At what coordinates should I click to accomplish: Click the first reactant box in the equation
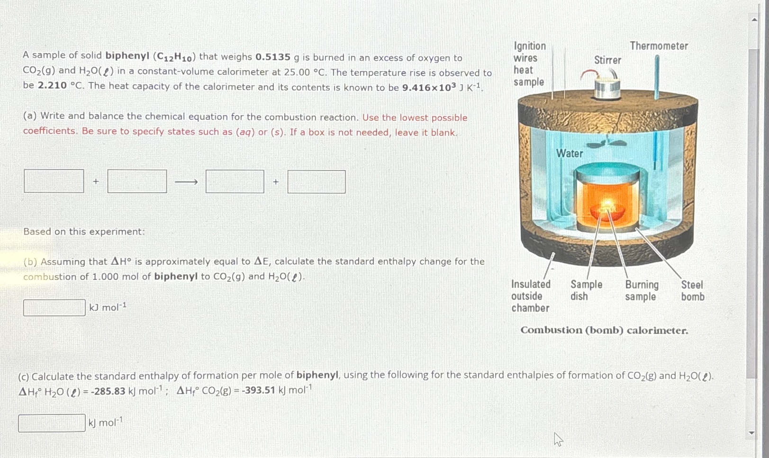pos(54,181)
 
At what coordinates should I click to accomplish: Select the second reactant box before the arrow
pos(137,181)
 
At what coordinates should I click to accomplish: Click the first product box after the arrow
pos(235,181)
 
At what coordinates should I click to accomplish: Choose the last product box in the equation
pos(316,182)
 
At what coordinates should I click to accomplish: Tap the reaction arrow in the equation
pos(186,182)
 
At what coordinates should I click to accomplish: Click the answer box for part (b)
pos(54,308)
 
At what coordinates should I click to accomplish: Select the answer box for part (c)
pos(52,423)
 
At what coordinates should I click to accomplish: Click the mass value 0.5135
pos(272,57)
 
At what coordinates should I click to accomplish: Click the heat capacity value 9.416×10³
pos(429,88)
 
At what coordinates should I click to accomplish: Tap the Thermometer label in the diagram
pos(659,46)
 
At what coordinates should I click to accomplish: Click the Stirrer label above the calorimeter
pos(607,60)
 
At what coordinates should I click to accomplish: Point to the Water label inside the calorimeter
pos(570,153)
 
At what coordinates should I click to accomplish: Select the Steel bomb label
pos(692,291)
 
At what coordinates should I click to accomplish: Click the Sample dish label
pos(586,290)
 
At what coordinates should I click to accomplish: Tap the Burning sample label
pos(642,291)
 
